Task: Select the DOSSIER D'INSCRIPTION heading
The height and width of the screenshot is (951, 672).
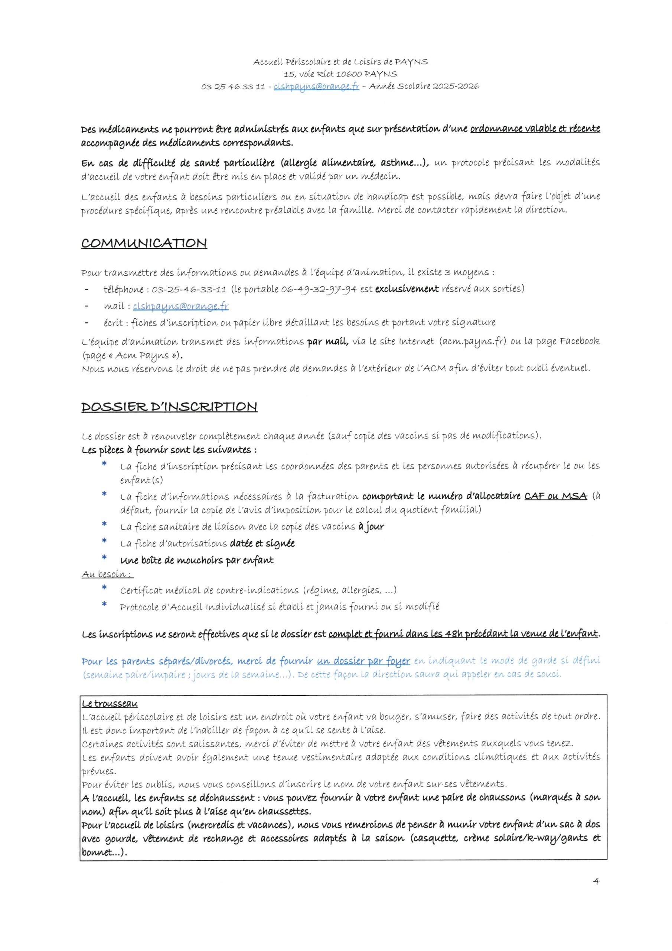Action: point(169,407)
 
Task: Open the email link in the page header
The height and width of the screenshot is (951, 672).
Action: point(316,87)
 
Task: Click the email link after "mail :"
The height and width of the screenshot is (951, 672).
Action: point(180,306)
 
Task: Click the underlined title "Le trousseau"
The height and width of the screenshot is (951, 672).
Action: point(110,704)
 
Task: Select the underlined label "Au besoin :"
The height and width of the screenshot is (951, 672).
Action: point(107,574)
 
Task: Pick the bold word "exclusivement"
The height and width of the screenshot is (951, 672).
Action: point(407,289)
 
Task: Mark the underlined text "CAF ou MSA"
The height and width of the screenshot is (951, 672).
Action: point(556,496)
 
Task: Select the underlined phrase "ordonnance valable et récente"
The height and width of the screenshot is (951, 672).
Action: point(535,129)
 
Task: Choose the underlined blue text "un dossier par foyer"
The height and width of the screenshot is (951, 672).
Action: point(363,661)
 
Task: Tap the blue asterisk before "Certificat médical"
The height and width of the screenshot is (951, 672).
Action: point(104,588)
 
